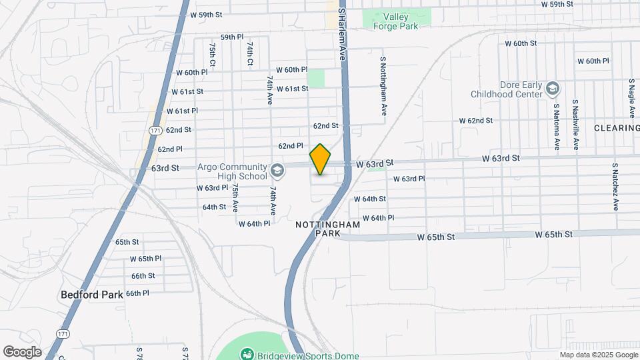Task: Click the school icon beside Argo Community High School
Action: click(x=277, y=171)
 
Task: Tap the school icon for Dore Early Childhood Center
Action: click(x=553, y=88)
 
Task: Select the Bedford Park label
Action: click(x=89, y=294)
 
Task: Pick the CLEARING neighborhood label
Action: click(x=616, y=127)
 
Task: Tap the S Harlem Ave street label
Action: click(x=343, y=35)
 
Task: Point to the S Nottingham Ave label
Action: click(x=384, y=84)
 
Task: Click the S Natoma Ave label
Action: click(x=556, y=125)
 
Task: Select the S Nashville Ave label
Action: click(x=576, y=125)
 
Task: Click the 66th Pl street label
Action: click(x=137, y=293)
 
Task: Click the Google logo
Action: click(x=22, y=352)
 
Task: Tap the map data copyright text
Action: click(x=599, y=355)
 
